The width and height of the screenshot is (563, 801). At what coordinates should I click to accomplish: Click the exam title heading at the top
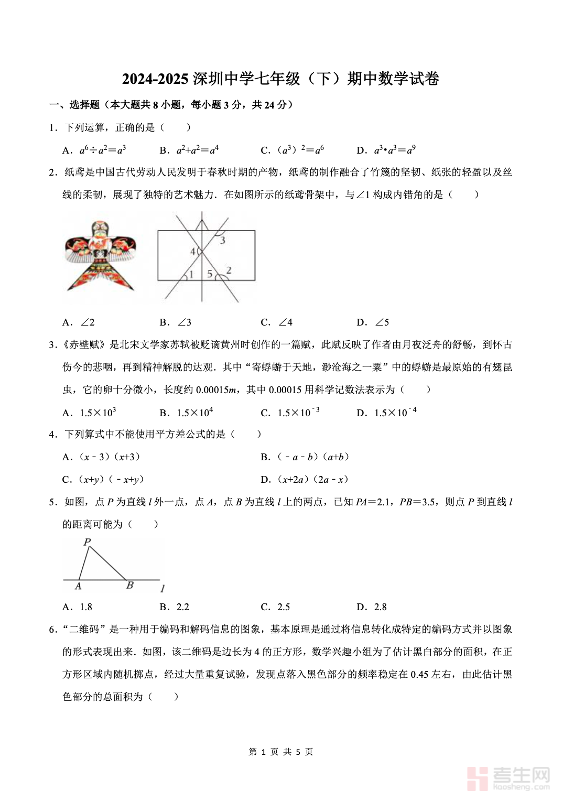281,79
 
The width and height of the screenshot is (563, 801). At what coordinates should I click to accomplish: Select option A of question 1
94,150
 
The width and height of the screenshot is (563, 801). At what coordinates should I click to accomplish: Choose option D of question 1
386,150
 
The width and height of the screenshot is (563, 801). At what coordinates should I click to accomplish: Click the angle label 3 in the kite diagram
222,240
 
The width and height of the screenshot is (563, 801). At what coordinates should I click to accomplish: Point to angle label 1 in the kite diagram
191,274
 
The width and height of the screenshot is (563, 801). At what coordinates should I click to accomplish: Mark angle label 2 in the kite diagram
229,270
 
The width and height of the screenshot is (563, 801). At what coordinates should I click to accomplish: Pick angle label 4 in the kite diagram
192,252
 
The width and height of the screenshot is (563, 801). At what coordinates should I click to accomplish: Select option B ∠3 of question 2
176,322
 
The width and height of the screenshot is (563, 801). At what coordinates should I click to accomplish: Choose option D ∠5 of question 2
373,322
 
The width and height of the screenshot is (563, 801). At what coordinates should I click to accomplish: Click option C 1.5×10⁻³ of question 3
290,413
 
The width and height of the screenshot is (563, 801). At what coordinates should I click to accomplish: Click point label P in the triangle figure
87,542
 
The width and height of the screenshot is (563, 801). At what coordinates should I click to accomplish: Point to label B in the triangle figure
130,586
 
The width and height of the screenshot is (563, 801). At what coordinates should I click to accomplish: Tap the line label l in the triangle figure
163,589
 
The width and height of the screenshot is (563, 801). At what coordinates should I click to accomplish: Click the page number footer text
281,752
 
